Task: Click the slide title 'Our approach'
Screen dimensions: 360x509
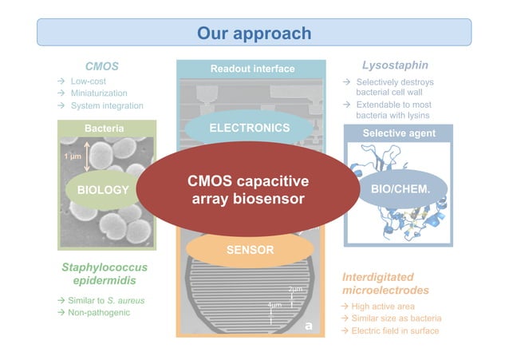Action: coord(254,33)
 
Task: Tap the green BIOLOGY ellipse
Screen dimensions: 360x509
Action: coord(102,190)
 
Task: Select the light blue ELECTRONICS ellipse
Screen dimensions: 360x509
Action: coord(249,128)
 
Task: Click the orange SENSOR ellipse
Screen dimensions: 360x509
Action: coord(249,250)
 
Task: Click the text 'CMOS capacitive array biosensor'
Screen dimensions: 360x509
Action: coord(247,189)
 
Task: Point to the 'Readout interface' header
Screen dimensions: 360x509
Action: coord(252,69)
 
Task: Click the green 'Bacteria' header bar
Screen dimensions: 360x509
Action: coord(104,129)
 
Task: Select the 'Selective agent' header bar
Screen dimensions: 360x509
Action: coord(399,133)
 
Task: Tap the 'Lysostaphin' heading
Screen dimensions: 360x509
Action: coord(395,65)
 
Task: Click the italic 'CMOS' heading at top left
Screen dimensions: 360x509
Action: coord(101,65)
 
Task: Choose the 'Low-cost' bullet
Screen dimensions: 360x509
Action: coord(88,81)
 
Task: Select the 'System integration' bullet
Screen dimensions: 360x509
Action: coord(107,105)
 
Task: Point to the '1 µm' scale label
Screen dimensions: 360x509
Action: coord(72,156)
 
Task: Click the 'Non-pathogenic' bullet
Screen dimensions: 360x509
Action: coord(100,312)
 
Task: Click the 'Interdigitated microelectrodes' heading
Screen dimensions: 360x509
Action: coord(385,283)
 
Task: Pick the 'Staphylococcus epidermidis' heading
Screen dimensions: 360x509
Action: coord(105,275)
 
